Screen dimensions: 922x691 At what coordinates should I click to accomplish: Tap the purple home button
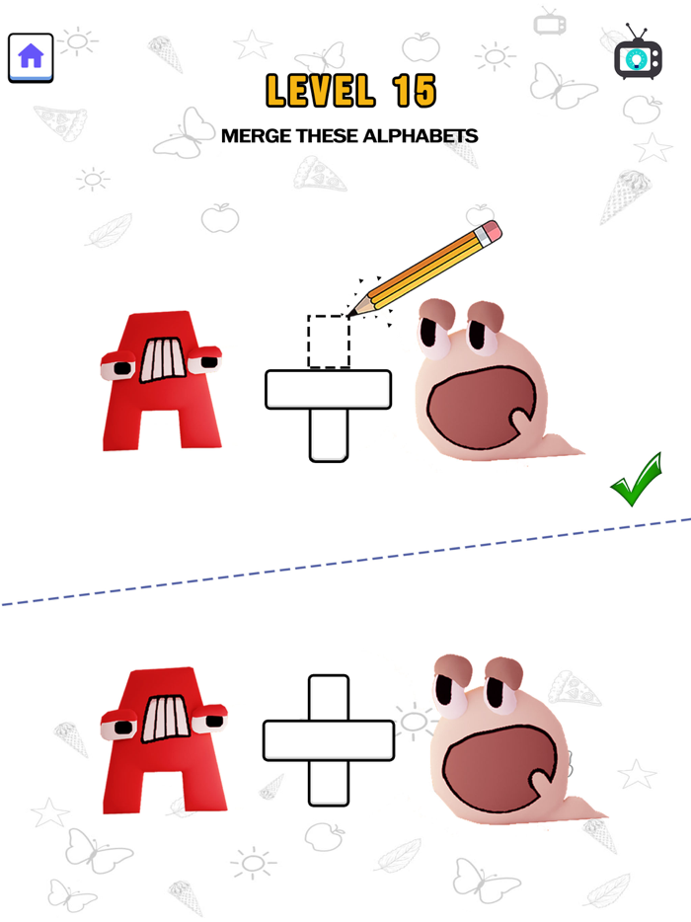click(x=31, y=57)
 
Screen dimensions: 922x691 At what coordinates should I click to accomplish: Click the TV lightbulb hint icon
click(x=637, y=58)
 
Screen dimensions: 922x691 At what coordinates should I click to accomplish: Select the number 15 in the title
click(x=413, y=92)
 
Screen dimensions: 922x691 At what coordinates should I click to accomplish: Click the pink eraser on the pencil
click(x=489, y=233)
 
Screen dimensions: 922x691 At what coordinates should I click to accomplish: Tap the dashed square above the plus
click(x=329, y=342)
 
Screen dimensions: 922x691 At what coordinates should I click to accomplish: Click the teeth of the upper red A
click(x=161, y=360)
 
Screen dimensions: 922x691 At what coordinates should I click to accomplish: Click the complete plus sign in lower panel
click(x=329, y=739)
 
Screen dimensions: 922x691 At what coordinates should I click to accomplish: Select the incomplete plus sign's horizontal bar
click(x=329, y=389)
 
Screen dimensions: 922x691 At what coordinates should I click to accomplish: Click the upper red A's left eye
click(x=121, y=367)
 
